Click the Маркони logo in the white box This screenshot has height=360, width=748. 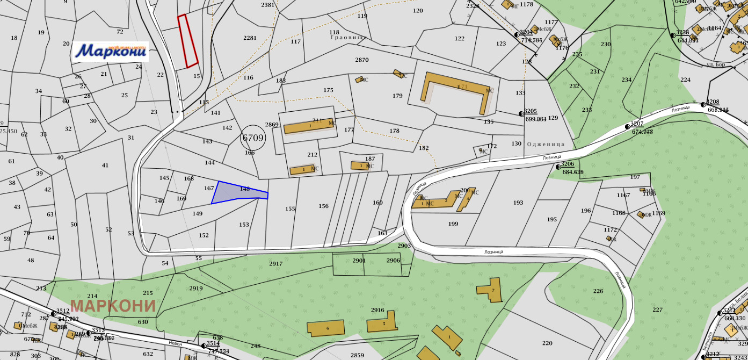[110, 52]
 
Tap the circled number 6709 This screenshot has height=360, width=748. [253, 138]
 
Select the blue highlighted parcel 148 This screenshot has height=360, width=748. [236, 192]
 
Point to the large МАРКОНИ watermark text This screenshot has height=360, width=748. [113, 306]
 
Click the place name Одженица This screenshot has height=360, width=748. [546, 144]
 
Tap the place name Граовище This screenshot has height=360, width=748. [348, 38]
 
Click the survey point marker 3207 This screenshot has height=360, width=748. [627, 127]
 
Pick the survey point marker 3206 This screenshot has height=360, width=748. [558, 167]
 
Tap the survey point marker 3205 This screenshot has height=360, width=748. [521, 114]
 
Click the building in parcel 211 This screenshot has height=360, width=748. [309, 126]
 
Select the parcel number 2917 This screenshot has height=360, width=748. [275, 264]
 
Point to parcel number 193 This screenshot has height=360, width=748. [518, 203]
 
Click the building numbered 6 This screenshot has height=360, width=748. [326, 328]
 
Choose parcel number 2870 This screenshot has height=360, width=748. [362, 60]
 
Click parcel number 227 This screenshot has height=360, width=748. [657, 309]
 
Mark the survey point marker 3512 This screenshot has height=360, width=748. [53, 313]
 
